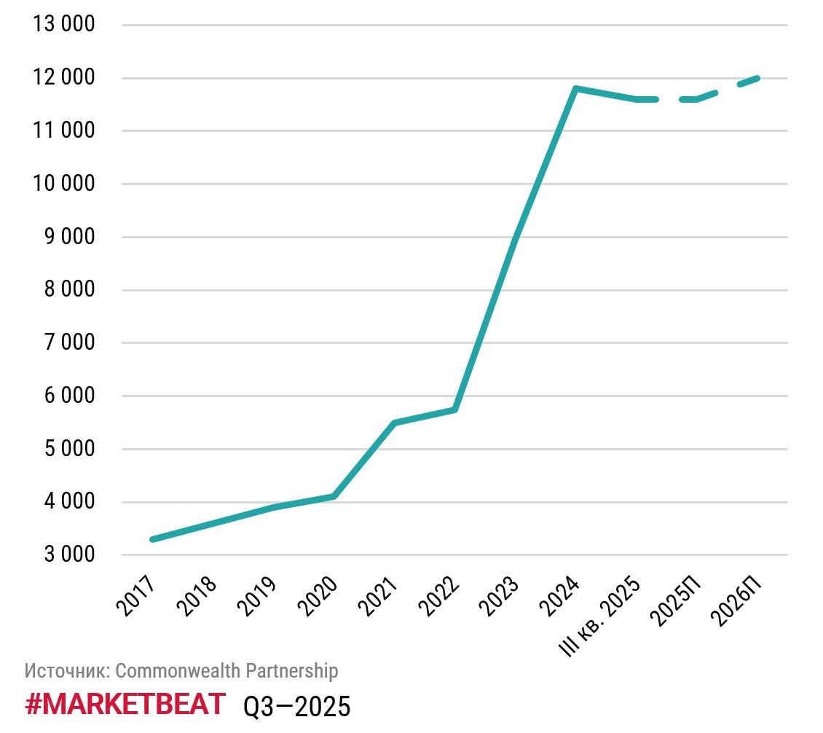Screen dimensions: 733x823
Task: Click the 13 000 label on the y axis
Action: (x=64, y=25)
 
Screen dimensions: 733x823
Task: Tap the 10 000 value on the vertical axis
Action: (x=64, y=184)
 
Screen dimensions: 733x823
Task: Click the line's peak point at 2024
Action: (x=575, y=89)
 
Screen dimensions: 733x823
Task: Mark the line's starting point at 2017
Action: (x=151, y=539)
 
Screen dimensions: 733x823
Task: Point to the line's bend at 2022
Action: (x=454, y=409)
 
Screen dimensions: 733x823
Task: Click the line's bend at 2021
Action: (x=394, y=423)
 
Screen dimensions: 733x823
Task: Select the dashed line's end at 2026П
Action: (x=757, y=78)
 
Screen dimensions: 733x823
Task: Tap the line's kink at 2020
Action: (x=334, y=496)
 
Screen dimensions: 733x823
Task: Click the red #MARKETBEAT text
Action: (x=125, y=705)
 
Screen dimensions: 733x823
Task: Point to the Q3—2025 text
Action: (x=296, y=706)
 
